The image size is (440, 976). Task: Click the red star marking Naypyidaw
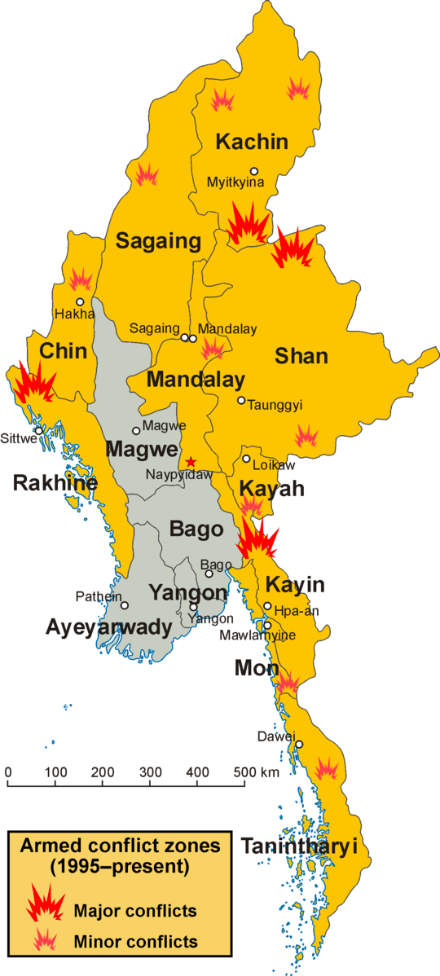coord(191,462)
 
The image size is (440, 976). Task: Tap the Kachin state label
coord(252,142)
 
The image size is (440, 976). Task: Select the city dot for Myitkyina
coord(254,171)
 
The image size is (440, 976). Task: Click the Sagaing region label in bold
coord(158,241)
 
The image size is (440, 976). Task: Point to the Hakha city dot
coord(80,301)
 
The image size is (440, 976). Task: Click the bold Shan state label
coord(301,355)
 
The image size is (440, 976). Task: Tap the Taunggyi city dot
coord(241,400)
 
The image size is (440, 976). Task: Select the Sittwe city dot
coord(38,431)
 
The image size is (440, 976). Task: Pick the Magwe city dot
coord(136,431)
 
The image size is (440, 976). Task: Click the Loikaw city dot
coord(246,459)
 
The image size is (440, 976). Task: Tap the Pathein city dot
coord(125,605)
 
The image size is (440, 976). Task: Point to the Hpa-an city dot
coord(267,605)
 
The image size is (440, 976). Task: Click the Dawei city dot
coord(299,744)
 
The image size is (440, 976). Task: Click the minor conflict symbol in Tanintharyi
coord(327,768)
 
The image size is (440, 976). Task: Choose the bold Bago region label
coord(196,530)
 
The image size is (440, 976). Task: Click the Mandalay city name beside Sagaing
coord(227,329)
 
